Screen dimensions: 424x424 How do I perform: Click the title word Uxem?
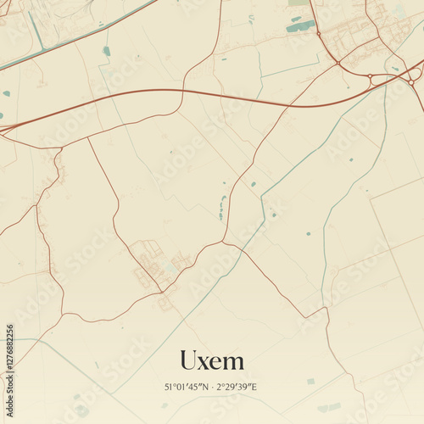pyautogui.click(x=212, y=361)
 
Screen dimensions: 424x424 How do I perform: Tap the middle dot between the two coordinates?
pyautogui.click(x=212, y=387)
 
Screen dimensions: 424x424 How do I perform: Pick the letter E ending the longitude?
pyautogui.click(x=255, y=387)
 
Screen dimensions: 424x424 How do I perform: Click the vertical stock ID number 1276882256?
pyautogui.click(x=9, y=366)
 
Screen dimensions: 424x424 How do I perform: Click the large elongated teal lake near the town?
pyautogui.click(x=300, y=26)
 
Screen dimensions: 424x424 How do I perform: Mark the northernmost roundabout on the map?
pyautogui.click(x=320, y=35)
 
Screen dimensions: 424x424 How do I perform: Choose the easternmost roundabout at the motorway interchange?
pyautogui.click(x=411, y=82)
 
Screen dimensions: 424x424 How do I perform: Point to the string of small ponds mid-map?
pyautogui.click(x=223, y=207)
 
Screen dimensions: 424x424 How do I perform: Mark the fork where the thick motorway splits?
pyautogui.click(x=34, y=120)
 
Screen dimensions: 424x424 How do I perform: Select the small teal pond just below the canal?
pyautogui.click(x=107, y=51)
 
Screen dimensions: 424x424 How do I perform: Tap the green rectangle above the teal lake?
pyautogui.click(x=298, y=3)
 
